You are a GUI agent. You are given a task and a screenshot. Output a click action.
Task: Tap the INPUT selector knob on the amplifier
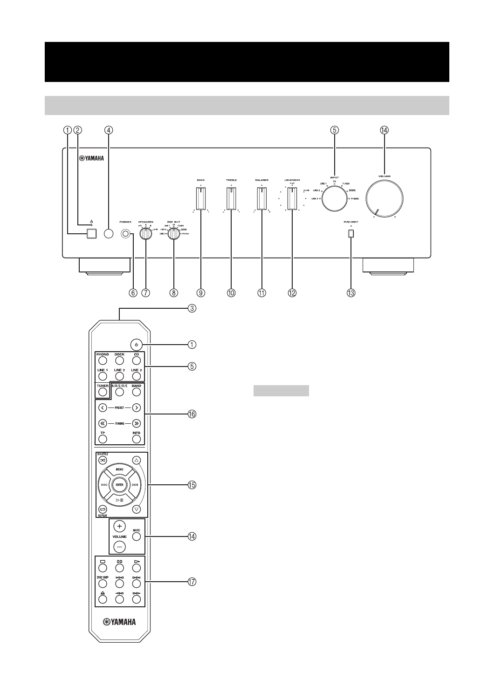tap(335, 199)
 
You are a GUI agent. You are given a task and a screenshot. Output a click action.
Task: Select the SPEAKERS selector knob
tap(146, 234)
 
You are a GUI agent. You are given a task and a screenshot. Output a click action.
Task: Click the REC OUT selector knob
tap(174, 235)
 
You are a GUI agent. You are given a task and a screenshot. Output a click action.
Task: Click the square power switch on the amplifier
tap(91, 234)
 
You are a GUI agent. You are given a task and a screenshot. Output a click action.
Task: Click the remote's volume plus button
tap(119, 526)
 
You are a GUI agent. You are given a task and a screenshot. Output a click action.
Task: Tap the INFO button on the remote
tap(136, 439)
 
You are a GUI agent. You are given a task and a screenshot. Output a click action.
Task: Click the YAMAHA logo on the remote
tap(119, 622)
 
